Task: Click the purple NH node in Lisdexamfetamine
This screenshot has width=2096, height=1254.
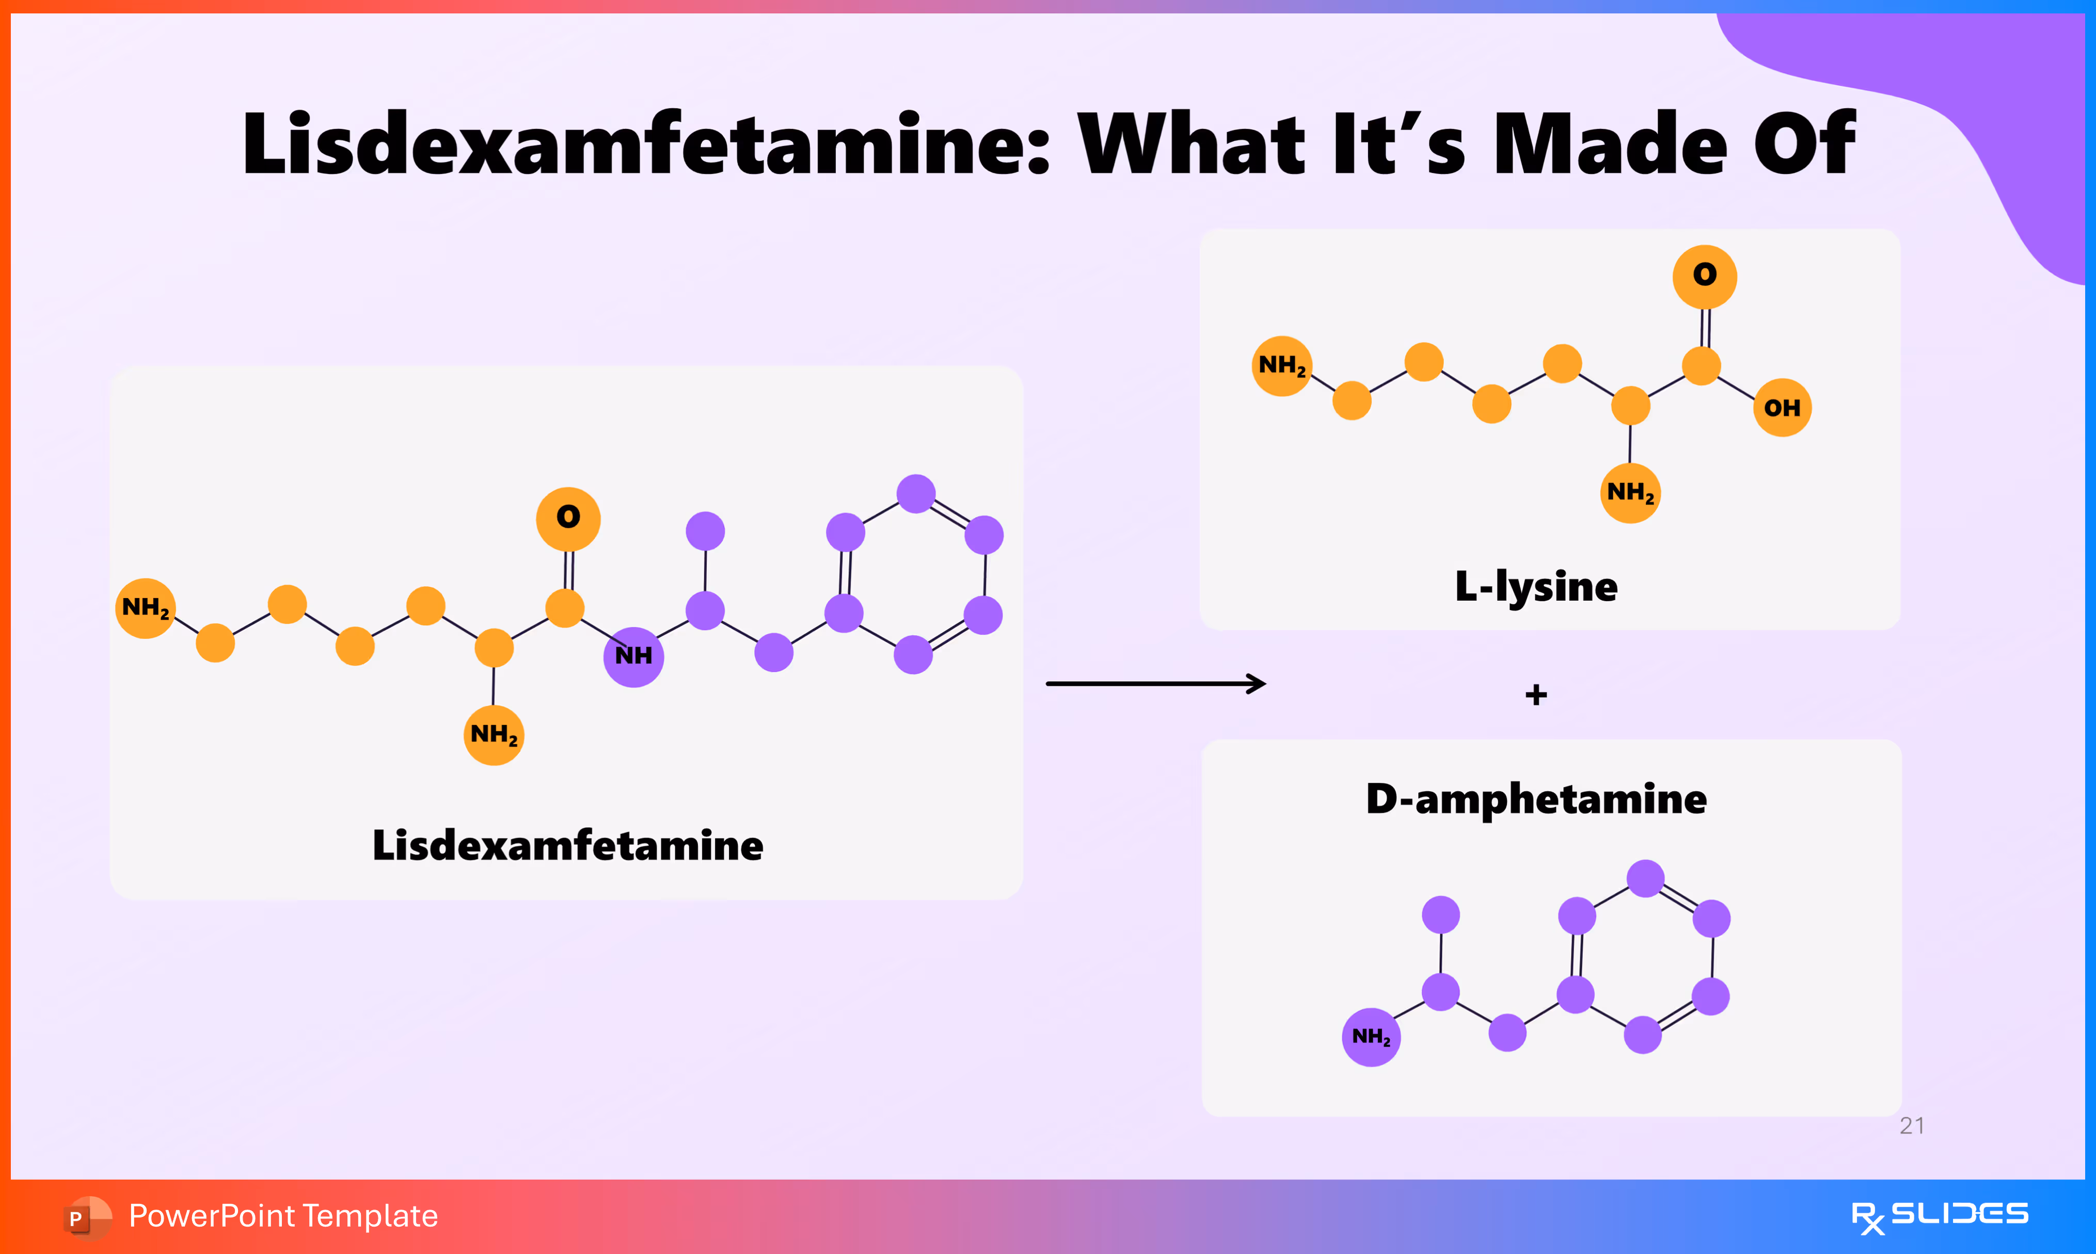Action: (x=633, y=656)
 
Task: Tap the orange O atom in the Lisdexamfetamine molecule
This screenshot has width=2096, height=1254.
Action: (x=568, y=518)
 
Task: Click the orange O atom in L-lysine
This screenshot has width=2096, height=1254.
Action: (x=1704, y=276)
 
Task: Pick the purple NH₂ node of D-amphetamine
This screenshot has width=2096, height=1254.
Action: (x=1371, y=1037)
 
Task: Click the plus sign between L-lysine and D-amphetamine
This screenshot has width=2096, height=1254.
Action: (x=1536, y=695)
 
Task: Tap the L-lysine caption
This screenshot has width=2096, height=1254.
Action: (x=1536, y=586)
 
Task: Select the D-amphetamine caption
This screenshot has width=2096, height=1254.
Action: (x=1536, y=798)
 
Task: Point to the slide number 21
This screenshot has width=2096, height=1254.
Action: (x=1912, y=1126)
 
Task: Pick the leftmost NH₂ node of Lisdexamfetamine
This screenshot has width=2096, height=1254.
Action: (x=146, y=607)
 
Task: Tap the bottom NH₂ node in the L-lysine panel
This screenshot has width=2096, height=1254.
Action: (x=1629, y=493)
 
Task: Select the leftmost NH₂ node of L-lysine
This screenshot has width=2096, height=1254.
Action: (x=1281, y=366)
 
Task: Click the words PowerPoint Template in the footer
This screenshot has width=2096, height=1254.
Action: (x=283, y=1216)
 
